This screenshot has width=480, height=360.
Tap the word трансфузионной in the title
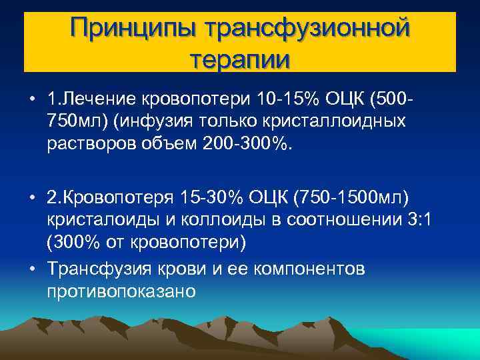point(308,29)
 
